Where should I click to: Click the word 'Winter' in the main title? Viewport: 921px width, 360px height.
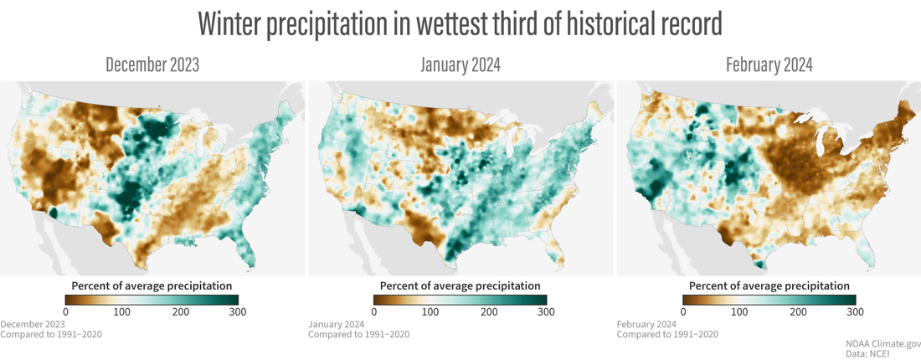(x=229, y=24)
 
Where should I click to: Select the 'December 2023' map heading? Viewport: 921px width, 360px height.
(x=152, y=65)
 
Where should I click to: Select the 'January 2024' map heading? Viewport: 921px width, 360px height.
(x=460, y=65)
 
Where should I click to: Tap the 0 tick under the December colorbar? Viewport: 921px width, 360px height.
(x=66, y=312)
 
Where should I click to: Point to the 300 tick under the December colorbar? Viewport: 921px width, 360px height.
(x=239, y=312)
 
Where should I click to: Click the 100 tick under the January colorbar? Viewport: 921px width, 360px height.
(x=431, y=312)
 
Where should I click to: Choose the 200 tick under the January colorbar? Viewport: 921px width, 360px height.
(x=489, y=312)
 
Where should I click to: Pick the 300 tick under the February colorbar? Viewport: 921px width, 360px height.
(x=855, y=312)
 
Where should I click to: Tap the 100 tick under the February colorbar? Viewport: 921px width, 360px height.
(x=740, y=312)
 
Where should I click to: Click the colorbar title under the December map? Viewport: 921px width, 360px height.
(x=152, y=285)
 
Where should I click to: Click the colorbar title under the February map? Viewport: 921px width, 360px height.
(x=769, y=285)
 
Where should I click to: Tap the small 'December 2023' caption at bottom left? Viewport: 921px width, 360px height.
(x=33, y=324)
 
